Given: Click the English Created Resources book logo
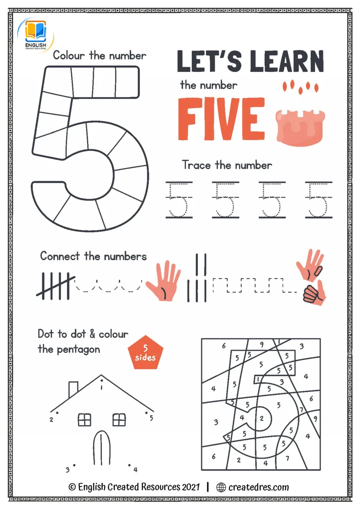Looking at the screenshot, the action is pos(36,35).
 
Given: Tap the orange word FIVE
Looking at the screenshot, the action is pos(221,119).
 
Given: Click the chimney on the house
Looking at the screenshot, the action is pos(73,389).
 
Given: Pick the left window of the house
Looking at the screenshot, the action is pos(85,419).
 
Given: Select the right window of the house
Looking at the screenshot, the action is pos(119,419).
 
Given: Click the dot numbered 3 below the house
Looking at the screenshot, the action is pos(74,465).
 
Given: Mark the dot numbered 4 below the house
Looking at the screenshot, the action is pos(129,465).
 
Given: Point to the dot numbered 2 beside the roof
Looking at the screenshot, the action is pos(58,413).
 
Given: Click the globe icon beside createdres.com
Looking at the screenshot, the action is pos(221,487).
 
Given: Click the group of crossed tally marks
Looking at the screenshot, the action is pos(55,286).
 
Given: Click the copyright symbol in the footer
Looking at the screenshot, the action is pos(72,487).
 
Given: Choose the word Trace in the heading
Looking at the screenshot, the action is pos(196,165).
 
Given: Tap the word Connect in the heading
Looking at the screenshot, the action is pos(60,256).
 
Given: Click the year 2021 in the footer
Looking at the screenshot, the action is pos(191,487).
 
